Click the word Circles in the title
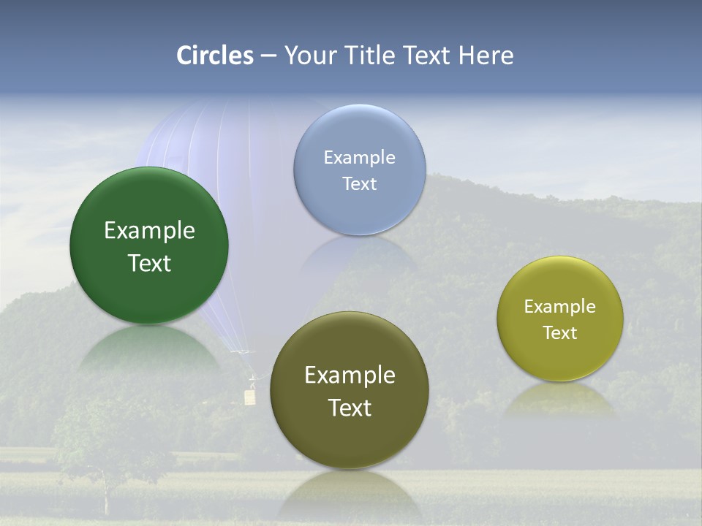click(x=215, y=56)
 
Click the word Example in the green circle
click(x=149, y=231)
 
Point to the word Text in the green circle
click(x=149, y=263)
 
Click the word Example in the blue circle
click(x=359, y=158)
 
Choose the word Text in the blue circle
click(x=359, y=183)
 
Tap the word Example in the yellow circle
click(x=560, y=307)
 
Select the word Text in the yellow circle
click(x=560, y=332)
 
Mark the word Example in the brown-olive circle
click(x=350, y=376)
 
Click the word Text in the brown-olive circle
click(x=350, y=408)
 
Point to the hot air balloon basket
click(x=250, y=397)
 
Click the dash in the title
click(x=268, y=56)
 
